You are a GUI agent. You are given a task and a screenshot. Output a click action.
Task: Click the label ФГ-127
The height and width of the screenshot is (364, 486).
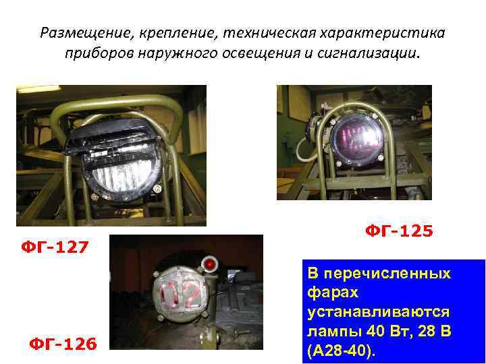pyautogui.click(x=55, y=247)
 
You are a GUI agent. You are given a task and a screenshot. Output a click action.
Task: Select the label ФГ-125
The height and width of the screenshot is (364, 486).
pyautogui.click(x=399, y=231)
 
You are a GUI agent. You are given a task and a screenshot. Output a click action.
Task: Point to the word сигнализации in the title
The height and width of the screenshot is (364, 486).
pyautogui.click(x=377, y=53)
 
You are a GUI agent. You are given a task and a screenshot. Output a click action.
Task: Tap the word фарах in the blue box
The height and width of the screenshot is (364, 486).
pyautogui.click(x=329, y=293)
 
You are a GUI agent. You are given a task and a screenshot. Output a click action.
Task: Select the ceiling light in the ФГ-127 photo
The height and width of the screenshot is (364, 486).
pyautogui.click(x=37, y=88)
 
